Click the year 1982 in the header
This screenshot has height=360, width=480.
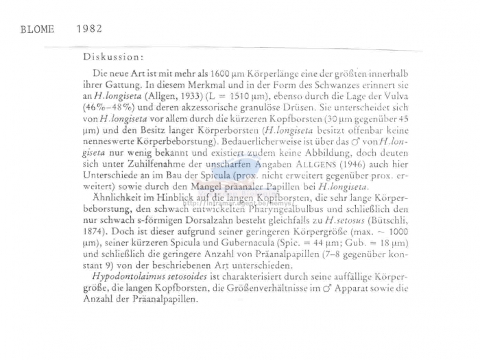pos(89,29)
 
